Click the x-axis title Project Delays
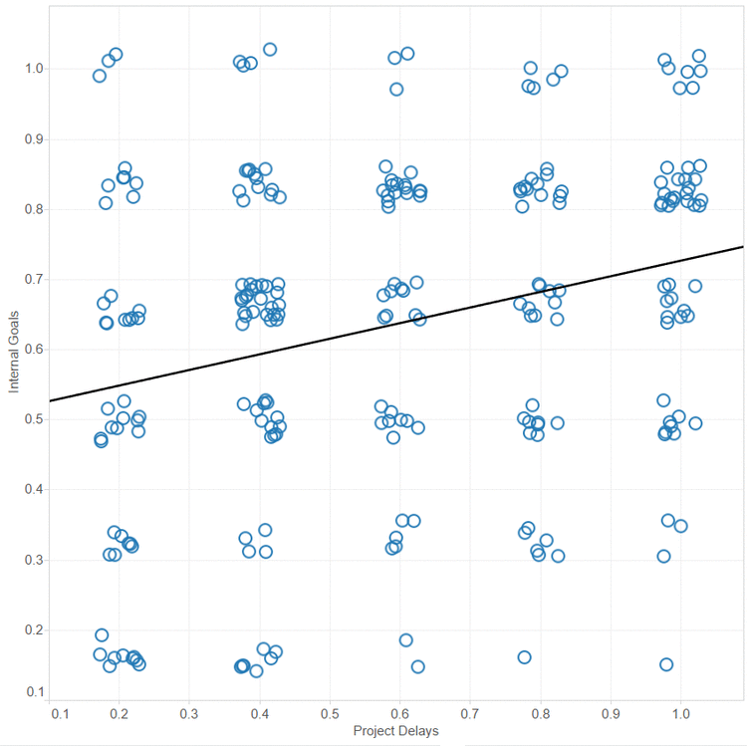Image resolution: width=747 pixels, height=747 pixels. point(395,731)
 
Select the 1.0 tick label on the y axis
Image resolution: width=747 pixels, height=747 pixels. point(33,69)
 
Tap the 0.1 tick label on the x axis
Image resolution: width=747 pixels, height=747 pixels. point(60,714)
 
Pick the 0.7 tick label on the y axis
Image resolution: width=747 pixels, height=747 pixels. point(33,279)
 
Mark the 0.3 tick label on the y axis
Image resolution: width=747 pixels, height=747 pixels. point(33,560)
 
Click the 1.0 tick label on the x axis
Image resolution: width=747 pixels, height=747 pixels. point(680,714)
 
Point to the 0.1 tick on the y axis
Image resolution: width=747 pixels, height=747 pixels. point(33,691)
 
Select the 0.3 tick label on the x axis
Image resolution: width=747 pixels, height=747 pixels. point(189,714)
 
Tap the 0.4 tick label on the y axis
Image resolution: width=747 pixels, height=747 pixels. point(33,489)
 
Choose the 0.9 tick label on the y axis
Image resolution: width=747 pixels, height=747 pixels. point(33,139)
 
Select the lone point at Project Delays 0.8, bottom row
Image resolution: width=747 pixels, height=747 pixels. point(524,656)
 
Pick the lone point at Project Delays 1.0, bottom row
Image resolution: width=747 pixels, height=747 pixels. point(666,664)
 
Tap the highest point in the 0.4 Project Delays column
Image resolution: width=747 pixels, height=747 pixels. point(269,49)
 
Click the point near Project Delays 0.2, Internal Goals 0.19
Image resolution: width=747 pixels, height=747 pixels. point(102,634)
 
